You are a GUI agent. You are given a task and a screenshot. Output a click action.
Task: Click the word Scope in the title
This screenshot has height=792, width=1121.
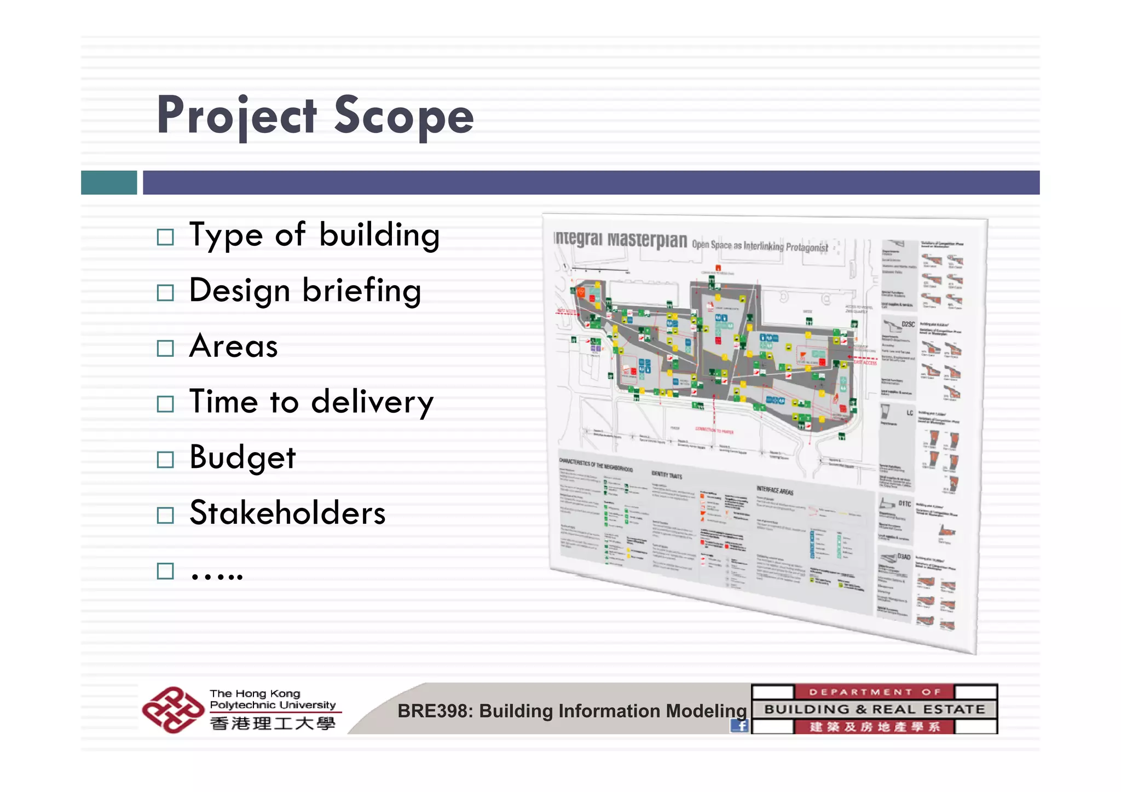tap(403, 116)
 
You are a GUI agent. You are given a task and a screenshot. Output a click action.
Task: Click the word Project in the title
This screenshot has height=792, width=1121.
tap(236, 116)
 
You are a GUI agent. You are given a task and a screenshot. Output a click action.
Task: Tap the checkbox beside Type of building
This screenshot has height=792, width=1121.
tap(165, 237)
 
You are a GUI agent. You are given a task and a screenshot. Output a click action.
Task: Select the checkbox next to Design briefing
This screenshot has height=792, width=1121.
tap(165, 292)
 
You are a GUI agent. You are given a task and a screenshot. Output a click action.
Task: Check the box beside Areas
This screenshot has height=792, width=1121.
tap(165, 348)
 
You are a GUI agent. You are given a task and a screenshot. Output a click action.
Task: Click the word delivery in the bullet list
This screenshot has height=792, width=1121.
tap(372, 402)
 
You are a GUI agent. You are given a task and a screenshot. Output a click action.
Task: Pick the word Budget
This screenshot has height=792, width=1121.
tap(242, 458)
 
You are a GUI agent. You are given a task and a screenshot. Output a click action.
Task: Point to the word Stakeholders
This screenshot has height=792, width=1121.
tap(287, 513)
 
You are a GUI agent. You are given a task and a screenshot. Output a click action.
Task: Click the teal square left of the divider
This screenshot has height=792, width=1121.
tap(109, 182)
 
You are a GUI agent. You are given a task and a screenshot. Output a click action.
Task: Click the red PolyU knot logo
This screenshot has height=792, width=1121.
tap(172, 709)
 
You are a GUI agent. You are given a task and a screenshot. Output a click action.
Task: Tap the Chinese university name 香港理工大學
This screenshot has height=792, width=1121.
tap(273, 724)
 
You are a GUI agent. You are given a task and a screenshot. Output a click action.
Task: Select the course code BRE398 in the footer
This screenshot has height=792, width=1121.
tap(434, 711)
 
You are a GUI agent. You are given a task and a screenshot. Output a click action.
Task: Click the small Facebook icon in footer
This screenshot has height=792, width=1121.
tap(739, 726)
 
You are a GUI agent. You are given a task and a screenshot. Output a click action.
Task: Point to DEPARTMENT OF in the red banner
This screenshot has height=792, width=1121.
tap(874, 692)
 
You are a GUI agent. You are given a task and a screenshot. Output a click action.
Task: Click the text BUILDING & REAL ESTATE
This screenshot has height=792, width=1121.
tap(874, 709)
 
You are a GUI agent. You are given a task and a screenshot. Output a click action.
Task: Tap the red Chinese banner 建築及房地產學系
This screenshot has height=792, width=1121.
tap(874, 727)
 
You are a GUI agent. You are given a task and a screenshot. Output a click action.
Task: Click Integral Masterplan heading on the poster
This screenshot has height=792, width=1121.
tap(620, 239)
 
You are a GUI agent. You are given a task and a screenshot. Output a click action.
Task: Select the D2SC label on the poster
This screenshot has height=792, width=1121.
tap(908, 325)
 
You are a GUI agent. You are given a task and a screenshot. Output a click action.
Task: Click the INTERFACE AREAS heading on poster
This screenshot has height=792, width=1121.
tap(775, 489)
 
